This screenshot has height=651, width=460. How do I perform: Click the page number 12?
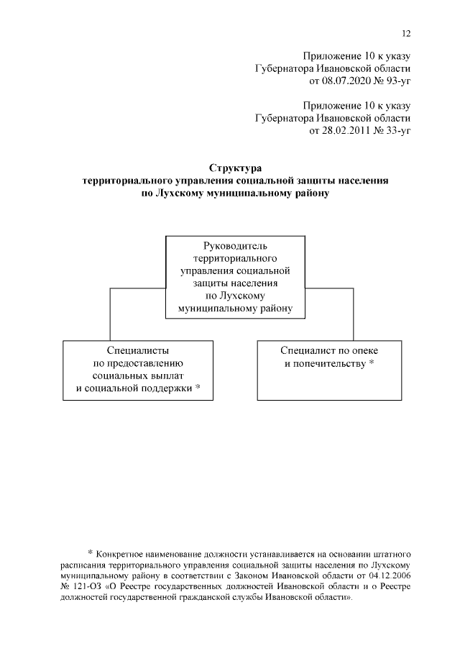406,33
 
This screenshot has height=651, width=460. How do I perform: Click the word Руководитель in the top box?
236,247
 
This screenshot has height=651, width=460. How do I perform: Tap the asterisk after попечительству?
372,363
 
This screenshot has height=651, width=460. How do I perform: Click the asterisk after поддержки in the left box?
198,389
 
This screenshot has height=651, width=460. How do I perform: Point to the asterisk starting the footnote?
91,552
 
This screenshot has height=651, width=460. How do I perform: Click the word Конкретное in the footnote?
122,553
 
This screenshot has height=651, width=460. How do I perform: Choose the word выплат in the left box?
169,376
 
